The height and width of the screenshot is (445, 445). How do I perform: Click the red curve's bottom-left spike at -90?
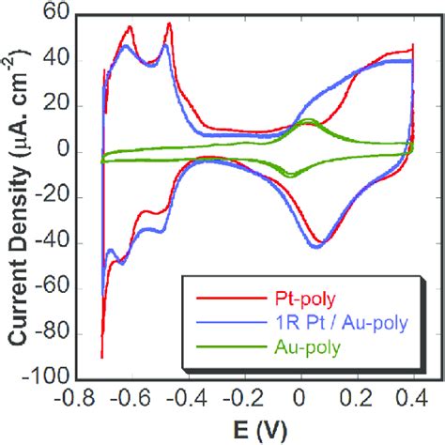(101, 357)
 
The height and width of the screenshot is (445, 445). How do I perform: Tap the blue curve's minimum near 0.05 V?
(315, 246)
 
